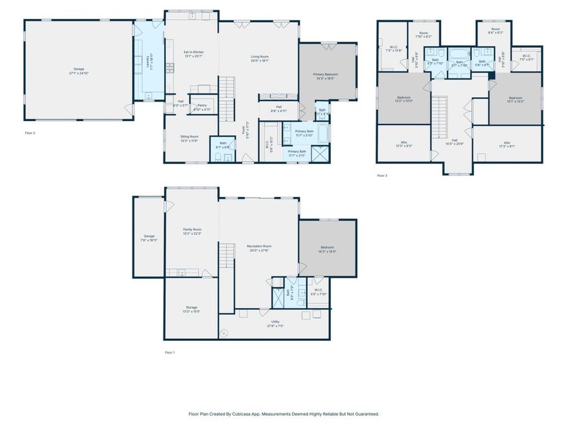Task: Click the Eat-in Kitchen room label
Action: (x=194, y=53)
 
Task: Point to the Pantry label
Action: (x=202, y=107)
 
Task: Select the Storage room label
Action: (x=191, y=309)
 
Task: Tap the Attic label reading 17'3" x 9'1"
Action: (x=507, y=144)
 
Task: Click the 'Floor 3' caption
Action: (x=382, y=175)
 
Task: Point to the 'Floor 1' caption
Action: (x=170, y=352)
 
